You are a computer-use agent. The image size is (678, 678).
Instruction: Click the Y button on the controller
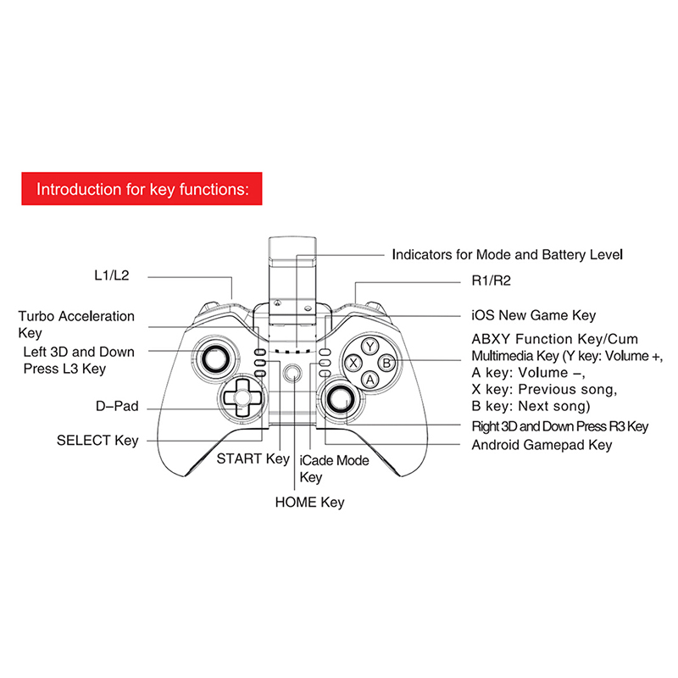click(370, 346)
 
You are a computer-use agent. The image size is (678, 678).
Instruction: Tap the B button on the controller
click(386, 363)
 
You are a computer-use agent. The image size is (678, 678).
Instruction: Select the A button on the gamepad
click(370, 380)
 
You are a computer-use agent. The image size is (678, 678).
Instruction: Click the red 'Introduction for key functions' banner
click(142, 188)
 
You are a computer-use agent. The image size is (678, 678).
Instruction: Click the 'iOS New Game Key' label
click(533, 315)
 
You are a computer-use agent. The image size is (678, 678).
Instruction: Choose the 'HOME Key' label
click(309, 503)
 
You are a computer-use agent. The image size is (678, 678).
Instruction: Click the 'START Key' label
click(253, 458)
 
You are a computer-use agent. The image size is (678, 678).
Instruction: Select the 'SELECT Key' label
click(97, 441)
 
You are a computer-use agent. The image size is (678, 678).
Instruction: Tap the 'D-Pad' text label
click(117, 408)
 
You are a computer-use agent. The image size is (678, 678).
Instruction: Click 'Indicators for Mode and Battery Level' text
click(507, 254)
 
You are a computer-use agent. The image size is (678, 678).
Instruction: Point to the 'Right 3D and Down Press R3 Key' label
click(559, 426)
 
